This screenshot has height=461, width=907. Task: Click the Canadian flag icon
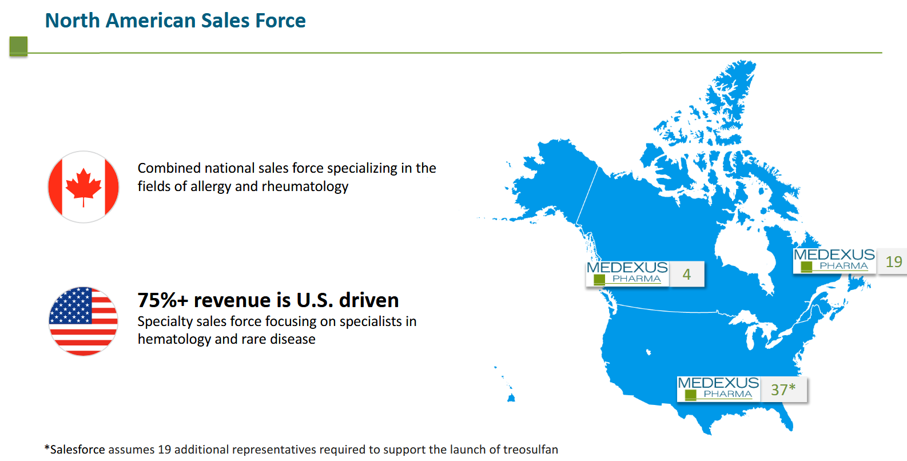[83, 187]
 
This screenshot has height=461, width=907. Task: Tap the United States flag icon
[83, 321]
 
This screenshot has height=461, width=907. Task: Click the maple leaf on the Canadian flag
[83, 187]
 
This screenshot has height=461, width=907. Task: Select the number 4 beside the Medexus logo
[686, 275]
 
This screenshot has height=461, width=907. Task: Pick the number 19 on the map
[894, 262]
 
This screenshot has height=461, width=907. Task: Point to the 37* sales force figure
[783, 390]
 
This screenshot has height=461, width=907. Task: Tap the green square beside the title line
[18, 46]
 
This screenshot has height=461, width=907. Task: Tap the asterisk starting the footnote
[47, 448]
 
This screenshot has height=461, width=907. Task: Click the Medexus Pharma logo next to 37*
[718, 389]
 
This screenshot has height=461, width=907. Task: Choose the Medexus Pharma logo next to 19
[834, 261]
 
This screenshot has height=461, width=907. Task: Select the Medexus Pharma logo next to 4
[627, 274]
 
